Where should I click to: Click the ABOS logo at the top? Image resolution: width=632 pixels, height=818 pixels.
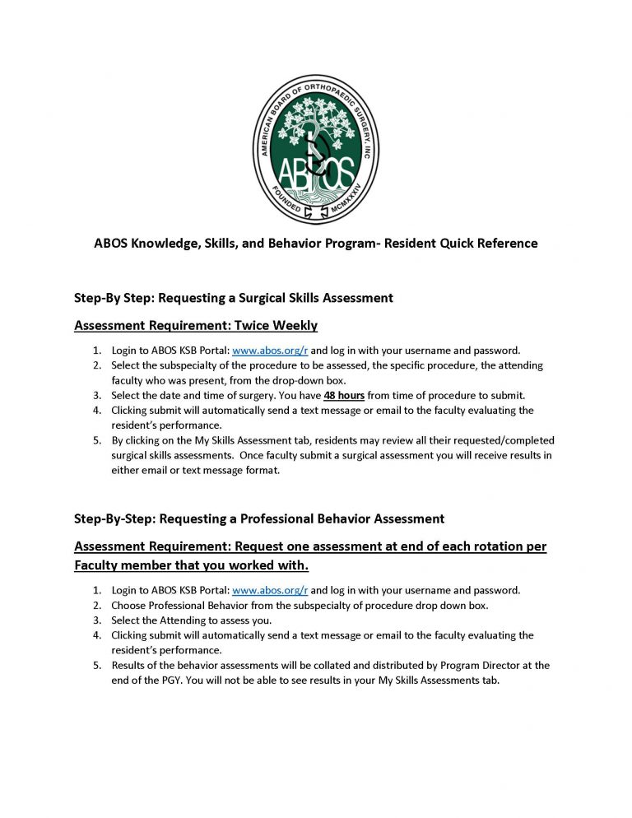(316, 137)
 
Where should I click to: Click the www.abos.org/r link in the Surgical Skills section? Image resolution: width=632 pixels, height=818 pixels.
(270, 350)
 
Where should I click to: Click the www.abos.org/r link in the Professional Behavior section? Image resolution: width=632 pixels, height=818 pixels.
(270, 590)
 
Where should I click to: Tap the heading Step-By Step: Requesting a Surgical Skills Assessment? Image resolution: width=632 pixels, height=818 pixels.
(233, 297)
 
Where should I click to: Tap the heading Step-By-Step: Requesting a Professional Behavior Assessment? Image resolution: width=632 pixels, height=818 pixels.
(259, 518)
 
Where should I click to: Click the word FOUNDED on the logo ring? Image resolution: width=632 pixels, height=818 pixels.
(286, 202)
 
